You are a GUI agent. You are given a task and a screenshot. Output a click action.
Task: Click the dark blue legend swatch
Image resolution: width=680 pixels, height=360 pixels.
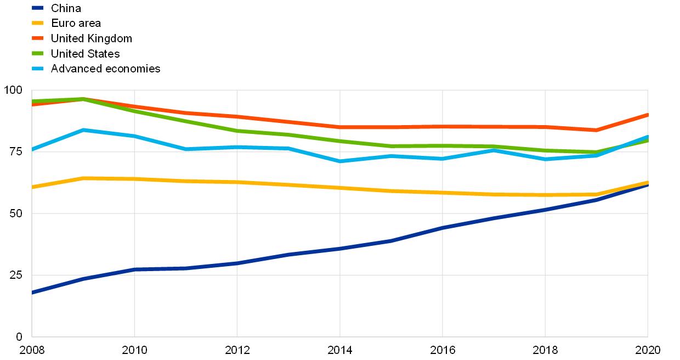(x=37, y=8)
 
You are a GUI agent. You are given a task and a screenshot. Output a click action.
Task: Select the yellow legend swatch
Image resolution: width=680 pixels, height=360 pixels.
(x=37, y=23)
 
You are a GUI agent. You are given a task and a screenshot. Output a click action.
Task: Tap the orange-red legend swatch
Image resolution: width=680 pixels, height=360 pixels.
(x=37, y=38)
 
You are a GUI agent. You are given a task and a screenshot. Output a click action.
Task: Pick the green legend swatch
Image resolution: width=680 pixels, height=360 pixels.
(x=37, y=53)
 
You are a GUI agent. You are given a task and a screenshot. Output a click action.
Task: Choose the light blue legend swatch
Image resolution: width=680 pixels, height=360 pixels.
(x=37, y=69)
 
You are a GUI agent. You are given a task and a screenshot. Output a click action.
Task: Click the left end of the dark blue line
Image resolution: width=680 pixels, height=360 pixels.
(x=32, y=292)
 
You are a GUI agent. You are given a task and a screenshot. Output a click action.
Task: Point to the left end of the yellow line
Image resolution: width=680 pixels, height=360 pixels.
(x=32, y=187)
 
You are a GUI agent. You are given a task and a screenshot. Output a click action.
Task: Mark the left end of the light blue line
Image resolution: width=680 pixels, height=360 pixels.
(x=32, y=149)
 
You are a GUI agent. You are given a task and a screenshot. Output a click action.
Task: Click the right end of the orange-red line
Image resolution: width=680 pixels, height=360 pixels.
(x=647, y=115)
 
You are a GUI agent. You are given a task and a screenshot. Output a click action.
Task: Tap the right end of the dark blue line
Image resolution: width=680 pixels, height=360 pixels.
(x=647, y=185)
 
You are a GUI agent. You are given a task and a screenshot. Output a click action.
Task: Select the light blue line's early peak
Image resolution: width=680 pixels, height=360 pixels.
(x=83, y=130)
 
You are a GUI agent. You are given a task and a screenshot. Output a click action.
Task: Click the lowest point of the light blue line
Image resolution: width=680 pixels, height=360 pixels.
(x=340, y=161)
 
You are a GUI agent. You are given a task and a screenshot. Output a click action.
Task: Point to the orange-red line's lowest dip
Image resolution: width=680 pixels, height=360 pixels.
(x=596, y=130)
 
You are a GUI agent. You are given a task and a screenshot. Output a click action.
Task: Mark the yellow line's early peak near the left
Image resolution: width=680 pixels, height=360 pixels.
(x=83, y=178)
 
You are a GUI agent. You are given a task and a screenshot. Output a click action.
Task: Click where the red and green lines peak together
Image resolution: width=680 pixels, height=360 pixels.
(x=83, y=99)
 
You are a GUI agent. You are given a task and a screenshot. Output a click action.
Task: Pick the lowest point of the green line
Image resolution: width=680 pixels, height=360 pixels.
(x=596, y=152)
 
